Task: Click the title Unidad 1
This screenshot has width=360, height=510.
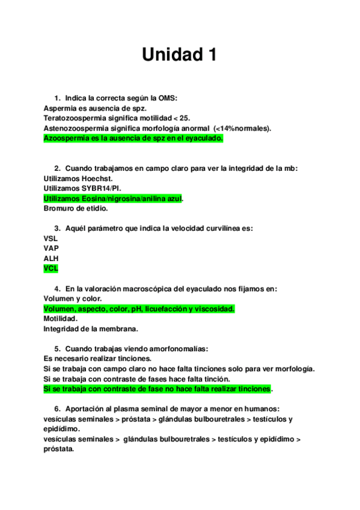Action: (179, 55)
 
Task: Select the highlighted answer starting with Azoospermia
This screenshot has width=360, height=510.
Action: (133, 138)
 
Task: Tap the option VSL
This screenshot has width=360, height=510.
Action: (50, 238)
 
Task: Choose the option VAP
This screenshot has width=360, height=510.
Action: (51, 248)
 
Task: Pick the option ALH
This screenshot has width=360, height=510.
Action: (51, 259)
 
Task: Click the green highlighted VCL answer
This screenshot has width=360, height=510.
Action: (51, 269)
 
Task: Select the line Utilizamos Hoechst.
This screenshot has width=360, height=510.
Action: (78, 179)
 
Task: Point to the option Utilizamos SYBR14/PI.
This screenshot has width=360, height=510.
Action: (82, 189)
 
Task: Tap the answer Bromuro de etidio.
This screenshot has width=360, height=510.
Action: (76, 209)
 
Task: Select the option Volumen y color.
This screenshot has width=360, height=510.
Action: (73, 299)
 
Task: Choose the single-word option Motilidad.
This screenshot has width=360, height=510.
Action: (60, 319)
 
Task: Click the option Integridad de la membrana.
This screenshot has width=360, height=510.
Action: (91, 329)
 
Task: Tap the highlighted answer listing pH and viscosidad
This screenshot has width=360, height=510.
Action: (139, 309)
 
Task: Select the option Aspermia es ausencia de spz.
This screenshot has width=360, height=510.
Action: (91, 108)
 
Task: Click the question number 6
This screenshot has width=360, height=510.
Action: (57, 409)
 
